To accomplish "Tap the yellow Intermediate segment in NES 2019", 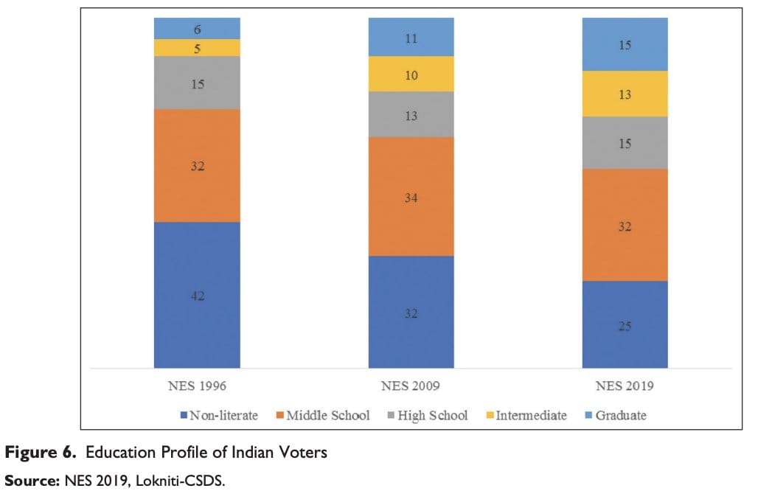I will pos(625,94).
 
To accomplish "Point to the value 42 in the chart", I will pos(197,296).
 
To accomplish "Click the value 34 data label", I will pos(411,198).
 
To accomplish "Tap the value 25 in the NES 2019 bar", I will pos(625,326).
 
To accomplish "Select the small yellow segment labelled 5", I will pos(197,48).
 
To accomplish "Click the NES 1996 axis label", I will pos(197,386).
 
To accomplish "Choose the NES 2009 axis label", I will pos(411,386).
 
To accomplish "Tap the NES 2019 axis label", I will pos(625,386).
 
